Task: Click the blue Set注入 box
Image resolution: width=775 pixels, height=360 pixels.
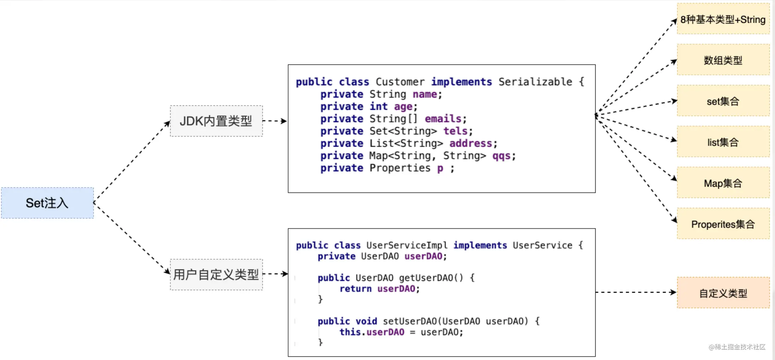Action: pyautogui.click(x=48, y=203)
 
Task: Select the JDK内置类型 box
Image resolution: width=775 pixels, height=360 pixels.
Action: pyautogui.click(x=216, y=121)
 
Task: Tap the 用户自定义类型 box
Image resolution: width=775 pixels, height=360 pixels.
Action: pyautogui.click(x=216, y=275)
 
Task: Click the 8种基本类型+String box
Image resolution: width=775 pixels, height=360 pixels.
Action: pyautogui.click(x=723, y=19)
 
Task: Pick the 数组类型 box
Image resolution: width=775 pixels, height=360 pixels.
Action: pyautogui.click(x=723, y=60)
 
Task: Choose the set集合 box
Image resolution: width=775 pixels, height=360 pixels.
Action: pyautogui.click(x=723, y=101)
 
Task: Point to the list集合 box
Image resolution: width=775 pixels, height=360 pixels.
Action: pyautogui.click(x=723, y=142)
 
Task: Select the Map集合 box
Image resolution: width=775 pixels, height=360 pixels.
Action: pyautogui.click(x=723, y=183)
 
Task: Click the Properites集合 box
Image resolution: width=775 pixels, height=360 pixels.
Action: pyautogui.click(x=723, y=223)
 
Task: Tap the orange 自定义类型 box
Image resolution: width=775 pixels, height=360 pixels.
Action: pyautogui.click(x=723, y=293)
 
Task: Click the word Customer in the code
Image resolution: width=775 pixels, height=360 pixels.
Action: pyautogui.click(x=400, y=82)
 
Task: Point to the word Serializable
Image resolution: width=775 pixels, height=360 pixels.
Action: pyautogui.click(x=535, y=82)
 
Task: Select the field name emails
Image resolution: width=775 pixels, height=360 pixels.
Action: pyautogui.click(x=443, y=119)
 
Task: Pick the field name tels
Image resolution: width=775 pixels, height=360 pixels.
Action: pyautogui.click(x=456, y=131)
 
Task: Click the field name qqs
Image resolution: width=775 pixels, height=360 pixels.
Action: pyautogui.click(x=501, y=156)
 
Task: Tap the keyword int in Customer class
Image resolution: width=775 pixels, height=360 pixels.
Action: pyautogui.click(x=379, y=106)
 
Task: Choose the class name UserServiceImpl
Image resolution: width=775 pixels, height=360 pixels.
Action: pyautogui.click(x=407, y=245)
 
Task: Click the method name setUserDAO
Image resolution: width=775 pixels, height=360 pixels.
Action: pyautogui.click(x=410, y=321)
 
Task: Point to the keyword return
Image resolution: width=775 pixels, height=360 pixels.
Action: pyautogui.click(x=356, y=289)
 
